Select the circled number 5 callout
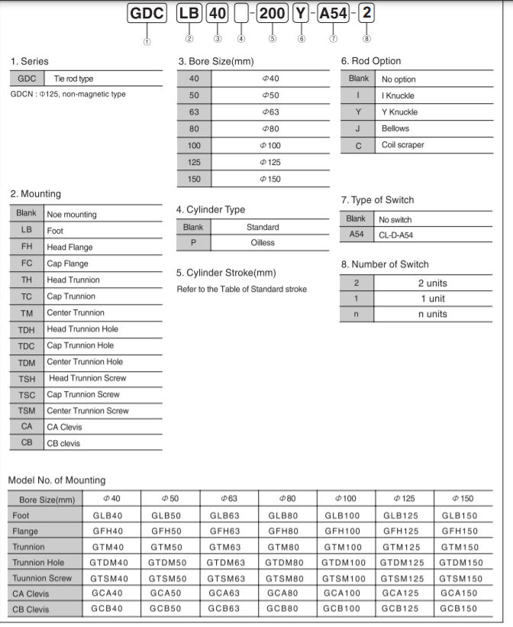click(x=272, y=38)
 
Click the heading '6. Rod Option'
click(x=370, y=61)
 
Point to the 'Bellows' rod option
click(x=395, y=128)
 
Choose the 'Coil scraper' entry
click(x=402, y=145)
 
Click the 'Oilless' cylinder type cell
click(x=263, y=243)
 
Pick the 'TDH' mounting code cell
click(x=27, y=329)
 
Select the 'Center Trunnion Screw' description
click(x=88, y=411)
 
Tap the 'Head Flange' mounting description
click(x=69, y=247)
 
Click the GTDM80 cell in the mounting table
click(x=286, y=563)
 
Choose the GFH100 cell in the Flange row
click(x=345, y=531)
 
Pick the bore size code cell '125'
click(x=194, y=162)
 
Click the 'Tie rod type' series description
click(x=74, y=79)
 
